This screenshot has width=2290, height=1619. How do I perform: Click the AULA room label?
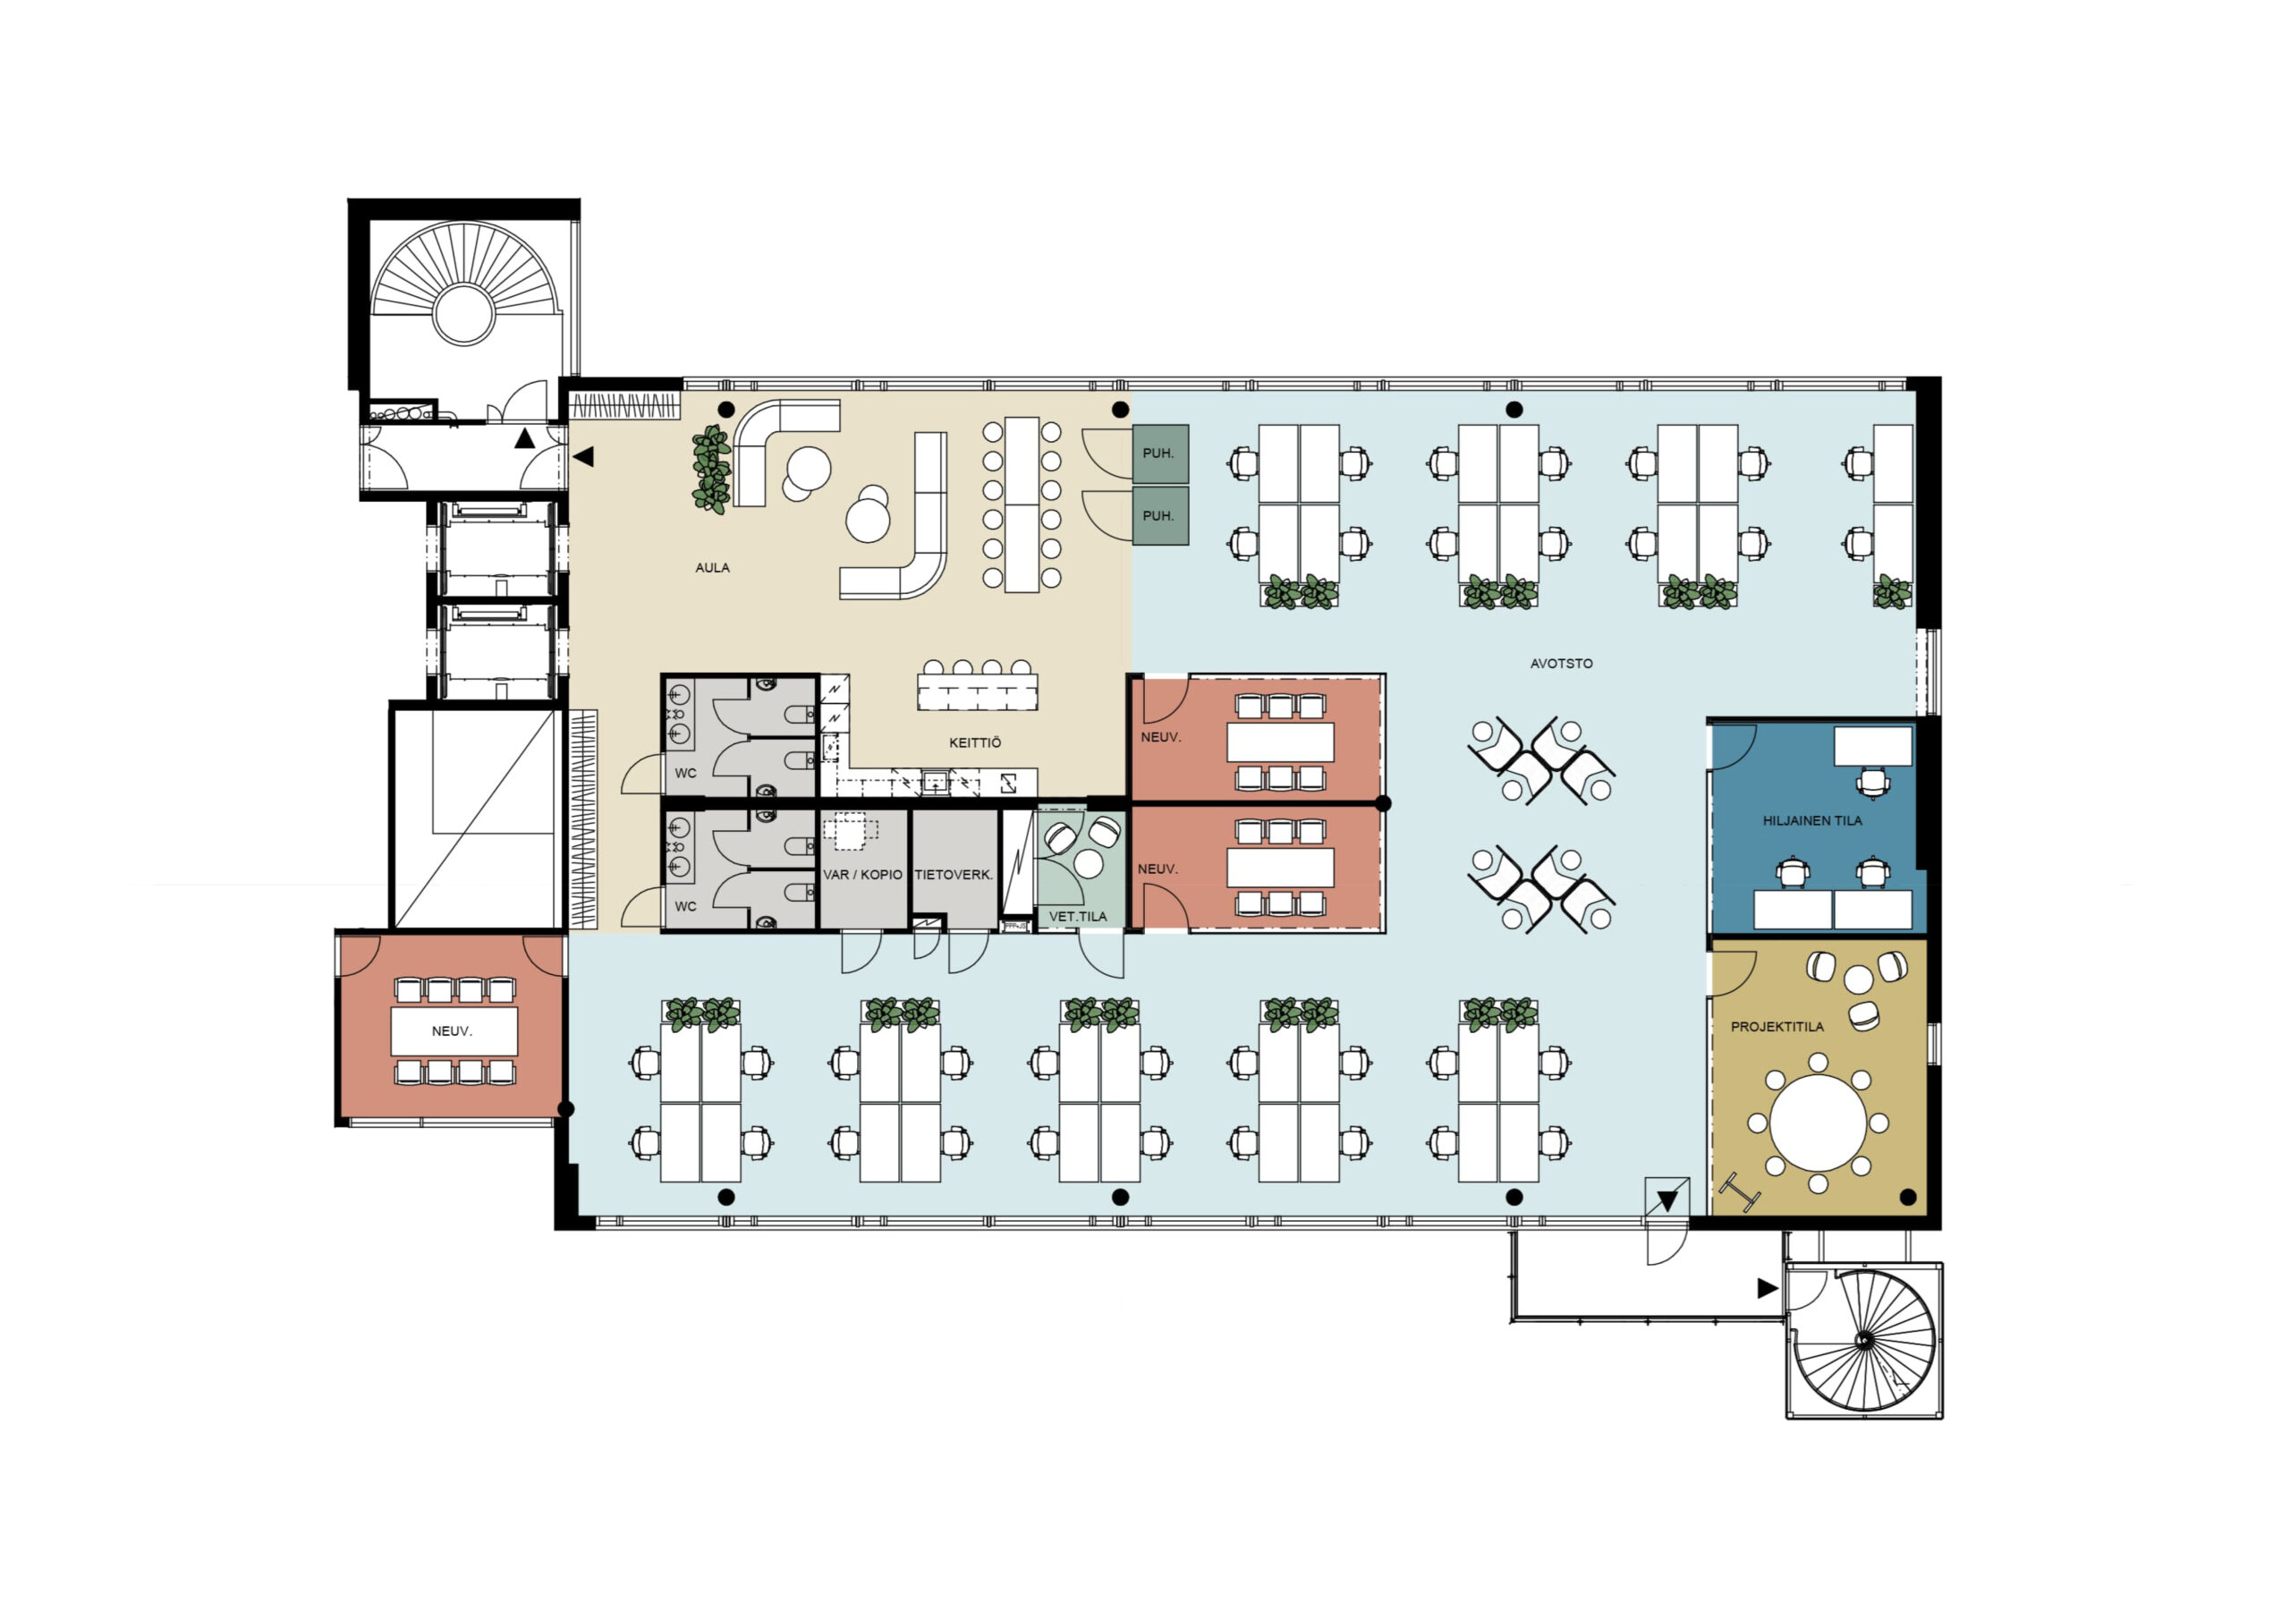[712, 568]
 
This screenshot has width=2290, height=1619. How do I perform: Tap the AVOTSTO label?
[1561, 664]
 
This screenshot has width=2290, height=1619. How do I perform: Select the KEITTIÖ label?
[974, 743]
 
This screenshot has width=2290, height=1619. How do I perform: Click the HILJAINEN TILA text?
[1812, 821]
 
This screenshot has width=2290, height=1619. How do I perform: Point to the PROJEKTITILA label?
[1777, 1027]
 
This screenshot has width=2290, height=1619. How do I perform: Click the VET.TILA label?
[1077, 916]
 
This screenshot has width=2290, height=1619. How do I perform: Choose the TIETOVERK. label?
[954, 875]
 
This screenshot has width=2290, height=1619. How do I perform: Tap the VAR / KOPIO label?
[862, 875]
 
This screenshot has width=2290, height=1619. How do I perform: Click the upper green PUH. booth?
[1160, 453]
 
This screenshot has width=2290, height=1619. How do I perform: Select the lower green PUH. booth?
[1160, 516]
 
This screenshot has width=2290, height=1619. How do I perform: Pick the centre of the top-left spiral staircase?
[463, 313]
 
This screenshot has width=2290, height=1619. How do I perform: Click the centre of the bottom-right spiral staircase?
[1862, 1341]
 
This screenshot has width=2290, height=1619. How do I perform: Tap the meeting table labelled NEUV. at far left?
[454, 1031]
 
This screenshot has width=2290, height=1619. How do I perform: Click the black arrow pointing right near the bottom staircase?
[1768, 1288]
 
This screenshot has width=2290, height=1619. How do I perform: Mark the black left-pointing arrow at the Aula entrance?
[583, 457]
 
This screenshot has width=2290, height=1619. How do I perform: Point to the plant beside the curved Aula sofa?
[712, 469]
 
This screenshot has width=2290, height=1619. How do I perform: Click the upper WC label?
[685, 773]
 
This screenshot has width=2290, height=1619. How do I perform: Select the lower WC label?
[685, 907]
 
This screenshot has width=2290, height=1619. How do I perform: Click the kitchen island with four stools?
[978, 691]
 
